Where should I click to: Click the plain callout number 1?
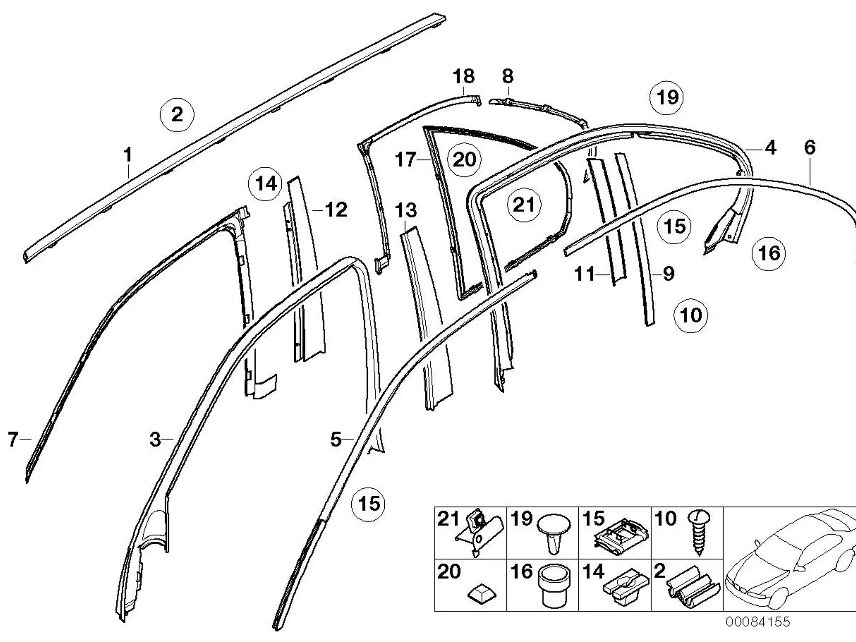click(x=128, y=155)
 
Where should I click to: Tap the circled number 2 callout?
click(x=177, y=115)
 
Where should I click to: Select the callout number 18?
click(x=464, y=77)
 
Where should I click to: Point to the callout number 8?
click(x=507, y=77)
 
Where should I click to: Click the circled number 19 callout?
click(x=667, y=97)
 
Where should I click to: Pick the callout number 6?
click(x=810, y=147)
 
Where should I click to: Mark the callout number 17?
click(x=406, y=159)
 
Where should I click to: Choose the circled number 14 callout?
click(x=266, y=184)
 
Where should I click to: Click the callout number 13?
click(x=406, y=210)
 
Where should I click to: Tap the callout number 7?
click(x=13, y=440)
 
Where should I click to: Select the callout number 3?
click(x=155, y=440)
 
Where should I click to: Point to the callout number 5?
click(x=336, y=440)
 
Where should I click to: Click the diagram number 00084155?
click(x=757, y=621)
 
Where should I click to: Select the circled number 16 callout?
click(x=769, y=253)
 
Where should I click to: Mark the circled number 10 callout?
click(x=691, y=315)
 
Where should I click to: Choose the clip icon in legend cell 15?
click(x=622, y=537)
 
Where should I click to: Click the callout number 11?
click(x=585, y=274)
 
